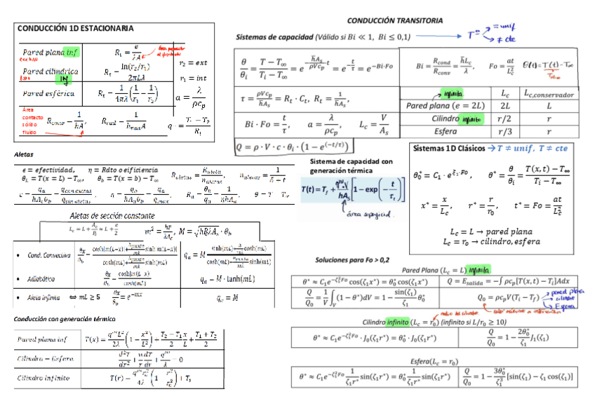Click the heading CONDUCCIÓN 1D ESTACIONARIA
(x=75, y=29)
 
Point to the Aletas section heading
(x=24, y=154)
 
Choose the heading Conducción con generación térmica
(x=58, y=319)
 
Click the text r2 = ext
(x=193, y=62)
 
